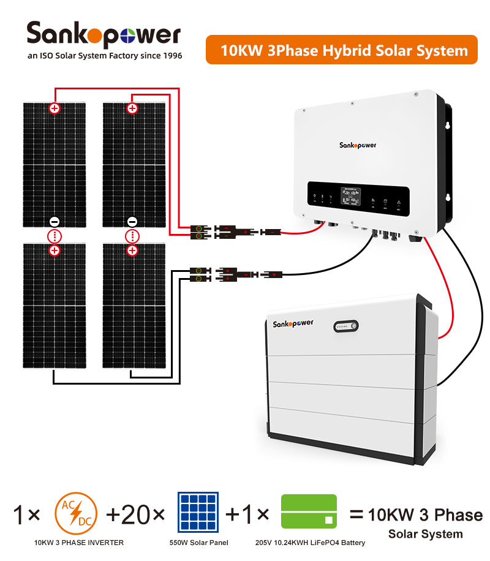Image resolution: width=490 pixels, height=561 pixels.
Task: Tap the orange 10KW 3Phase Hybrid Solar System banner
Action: [341, 50]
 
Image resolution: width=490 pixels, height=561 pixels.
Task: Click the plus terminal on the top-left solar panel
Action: [55, 108]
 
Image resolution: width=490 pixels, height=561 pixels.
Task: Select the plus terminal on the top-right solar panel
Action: [132, 108]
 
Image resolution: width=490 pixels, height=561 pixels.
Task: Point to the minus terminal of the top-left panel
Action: [55, 222]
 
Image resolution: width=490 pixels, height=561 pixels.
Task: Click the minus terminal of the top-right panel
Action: [132, 222]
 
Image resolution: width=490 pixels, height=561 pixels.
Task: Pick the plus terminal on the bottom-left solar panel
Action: [55, 250]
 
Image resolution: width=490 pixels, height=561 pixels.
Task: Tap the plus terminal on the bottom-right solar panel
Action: [132, 250]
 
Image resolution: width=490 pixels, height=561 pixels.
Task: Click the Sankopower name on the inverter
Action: [358, 145]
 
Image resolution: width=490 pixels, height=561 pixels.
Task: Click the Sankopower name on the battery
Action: [292, 324]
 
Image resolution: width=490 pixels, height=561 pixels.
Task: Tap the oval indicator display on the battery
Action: [347, 327]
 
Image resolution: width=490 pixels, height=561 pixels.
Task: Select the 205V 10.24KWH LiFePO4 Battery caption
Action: [310, 543]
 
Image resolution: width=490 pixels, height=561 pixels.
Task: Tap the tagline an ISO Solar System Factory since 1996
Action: [105, 56]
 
